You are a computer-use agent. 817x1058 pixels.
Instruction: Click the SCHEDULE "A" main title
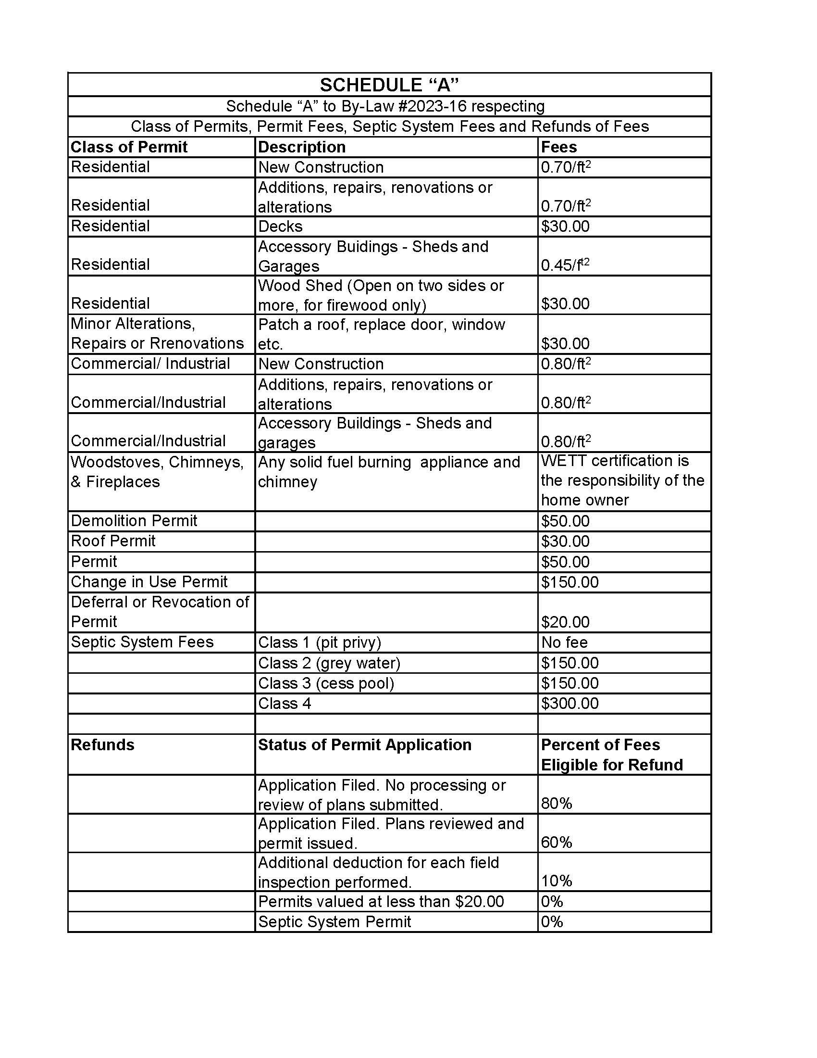(389, 85)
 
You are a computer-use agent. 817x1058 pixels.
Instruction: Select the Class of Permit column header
(129, 147)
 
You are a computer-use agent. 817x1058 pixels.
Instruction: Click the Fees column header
(558, 147)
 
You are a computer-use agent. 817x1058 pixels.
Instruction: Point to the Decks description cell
(280, 226)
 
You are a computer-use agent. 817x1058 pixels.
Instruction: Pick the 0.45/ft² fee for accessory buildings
(565, 265)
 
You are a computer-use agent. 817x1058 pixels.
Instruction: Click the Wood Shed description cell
(381, 295)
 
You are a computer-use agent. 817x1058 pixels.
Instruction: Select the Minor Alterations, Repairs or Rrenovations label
(157, 333)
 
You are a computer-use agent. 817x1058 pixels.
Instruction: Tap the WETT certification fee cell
(622, 480)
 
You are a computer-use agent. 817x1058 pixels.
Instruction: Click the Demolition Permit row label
(134, 521)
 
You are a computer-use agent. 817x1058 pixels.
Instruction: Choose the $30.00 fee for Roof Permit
(565, 541)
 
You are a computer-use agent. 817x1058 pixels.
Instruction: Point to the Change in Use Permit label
(149, 581)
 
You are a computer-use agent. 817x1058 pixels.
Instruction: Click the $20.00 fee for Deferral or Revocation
(565, 621)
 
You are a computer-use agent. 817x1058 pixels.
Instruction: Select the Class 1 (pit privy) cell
(319, 642)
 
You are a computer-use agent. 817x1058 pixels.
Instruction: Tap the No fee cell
(564, 642)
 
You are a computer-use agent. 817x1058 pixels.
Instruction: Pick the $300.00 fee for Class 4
(569, 703)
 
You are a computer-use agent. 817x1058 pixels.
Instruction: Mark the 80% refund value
(556, 804)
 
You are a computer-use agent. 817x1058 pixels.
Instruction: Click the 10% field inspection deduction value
(556, 881)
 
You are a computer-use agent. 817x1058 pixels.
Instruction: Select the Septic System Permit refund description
(334, 921)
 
